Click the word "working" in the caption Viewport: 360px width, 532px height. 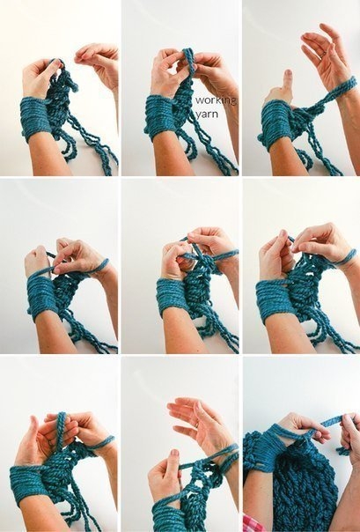(x=216, y=100)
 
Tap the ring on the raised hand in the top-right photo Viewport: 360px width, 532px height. (x=323, y=53)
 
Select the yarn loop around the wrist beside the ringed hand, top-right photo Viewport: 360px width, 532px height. (x=343, y=89)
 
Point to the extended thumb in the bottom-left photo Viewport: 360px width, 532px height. (x=33, y=427)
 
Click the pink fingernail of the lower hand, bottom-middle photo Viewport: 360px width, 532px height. (x=174, y=453)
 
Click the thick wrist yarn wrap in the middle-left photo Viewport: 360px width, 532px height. (x=41, y=296)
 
